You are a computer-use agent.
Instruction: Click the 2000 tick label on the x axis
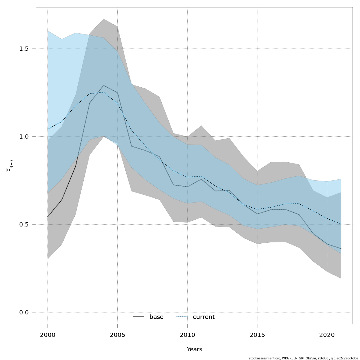point(48,335)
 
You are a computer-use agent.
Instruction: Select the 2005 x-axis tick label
point(117,335)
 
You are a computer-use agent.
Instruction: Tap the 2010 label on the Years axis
point(187,335)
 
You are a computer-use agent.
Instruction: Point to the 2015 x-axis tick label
point(257,335)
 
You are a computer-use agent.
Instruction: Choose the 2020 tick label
point(327,335)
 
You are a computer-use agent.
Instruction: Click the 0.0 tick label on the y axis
point(24,312)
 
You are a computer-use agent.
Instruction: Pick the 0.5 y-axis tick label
point(24,224)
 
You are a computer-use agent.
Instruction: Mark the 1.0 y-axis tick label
point(24,136)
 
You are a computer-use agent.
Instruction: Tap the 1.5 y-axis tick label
point(24,49)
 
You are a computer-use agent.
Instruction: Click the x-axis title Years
point(194,349)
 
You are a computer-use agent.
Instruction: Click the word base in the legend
point(156,317)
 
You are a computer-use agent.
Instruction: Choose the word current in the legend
point(204,317)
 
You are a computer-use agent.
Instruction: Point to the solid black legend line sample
point(139,317)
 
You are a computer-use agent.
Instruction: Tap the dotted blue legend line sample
point(182,317)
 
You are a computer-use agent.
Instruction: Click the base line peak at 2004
point(103,85)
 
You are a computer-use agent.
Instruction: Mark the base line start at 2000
point(48,217)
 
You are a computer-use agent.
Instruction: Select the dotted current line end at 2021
point(341,224)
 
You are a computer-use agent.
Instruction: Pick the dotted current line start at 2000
point(48,129)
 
